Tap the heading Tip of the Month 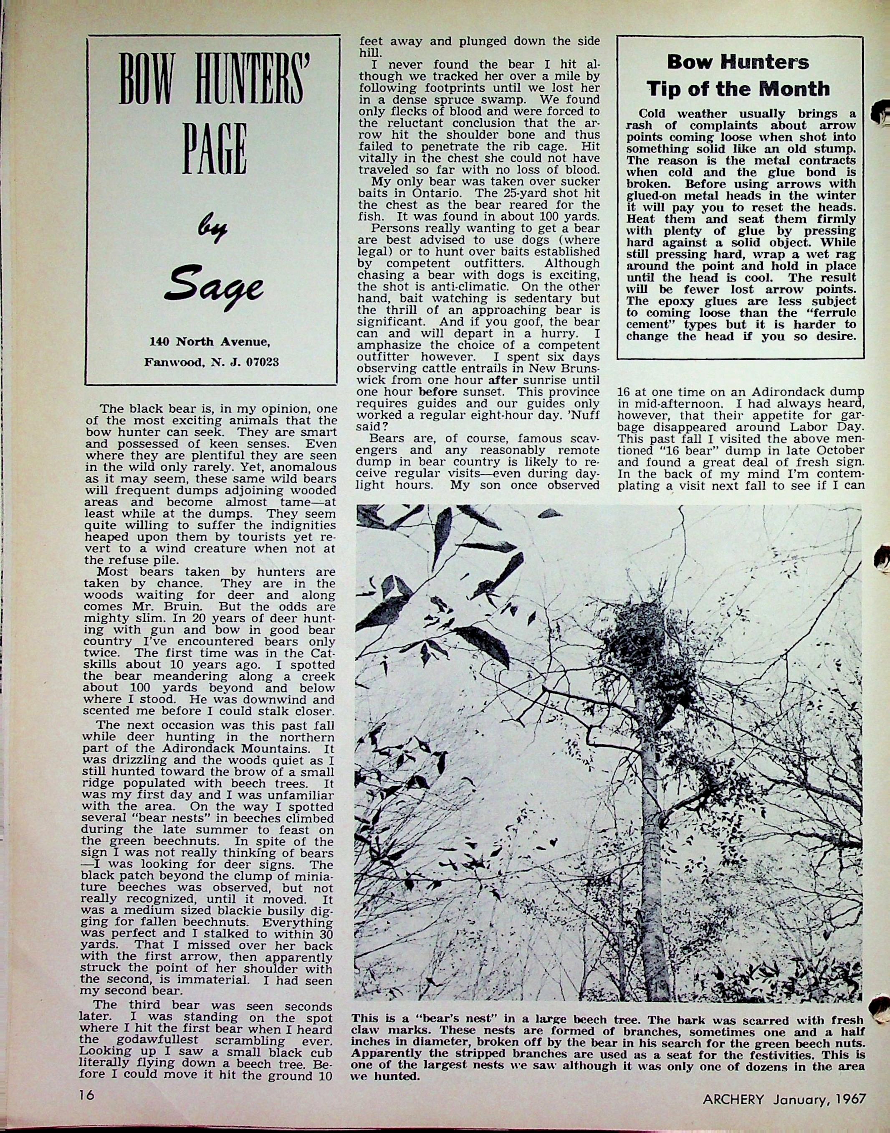click(x=738, y=89)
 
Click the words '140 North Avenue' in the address click(x=210, y=342)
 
